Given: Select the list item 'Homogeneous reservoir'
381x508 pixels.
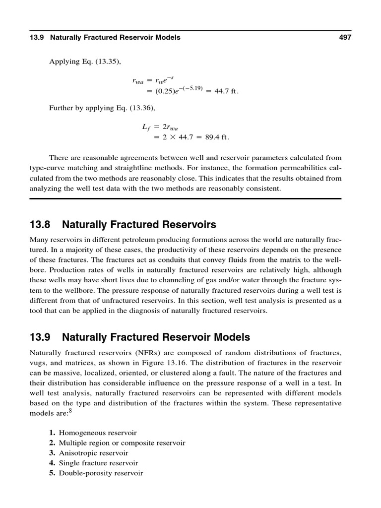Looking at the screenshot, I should point(98,433).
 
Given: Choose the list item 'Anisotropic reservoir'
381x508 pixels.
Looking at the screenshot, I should point(93,453).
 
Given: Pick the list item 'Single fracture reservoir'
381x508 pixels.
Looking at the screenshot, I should point(98,463).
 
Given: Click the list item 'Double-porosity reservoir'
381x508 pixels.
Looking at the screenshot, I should point(101,473).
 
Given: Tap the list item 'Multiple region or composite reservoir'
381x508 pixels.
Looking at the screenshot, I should point(122,443).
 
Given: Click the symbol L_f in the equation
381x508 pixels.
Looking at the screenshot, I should point(146,127).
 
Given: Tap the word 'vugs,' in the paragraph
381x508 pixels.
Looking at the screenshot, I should point(39,363).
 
